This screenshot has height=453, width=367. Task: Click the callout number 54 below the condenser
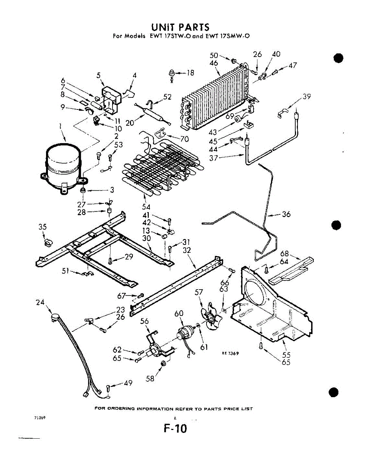click(146, 206)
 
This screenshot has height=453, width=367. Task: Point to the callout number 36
click(286, 214)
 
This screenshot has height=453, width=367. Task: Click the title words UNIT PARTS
click(180, 27)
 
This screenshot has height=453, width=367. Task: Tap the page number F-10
click(176, 429)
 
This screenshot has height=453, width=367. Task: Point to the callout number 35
click(42, 227)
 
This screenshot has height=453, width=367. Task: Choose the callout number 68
click(284, 254)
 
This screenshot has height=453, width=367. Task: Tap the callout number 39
click(307, 96)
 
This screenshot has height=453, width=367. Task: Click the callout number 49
click(128, 383)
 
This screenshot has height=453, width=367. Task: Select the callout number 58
click(150, 379)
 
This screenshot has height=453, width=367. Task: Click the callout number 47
click(293, 66)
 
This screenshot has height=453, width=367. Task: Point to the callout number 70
click(184, 139)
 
